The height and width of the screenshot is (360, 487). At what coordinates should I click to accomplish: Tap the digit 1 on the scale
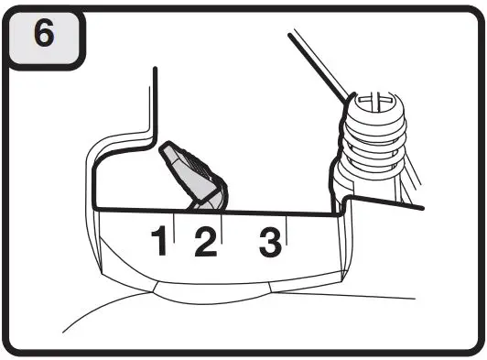(x=159, y=242)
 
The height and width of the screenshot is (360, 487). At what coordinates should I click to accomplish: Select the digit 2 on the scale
(x=205, y=242)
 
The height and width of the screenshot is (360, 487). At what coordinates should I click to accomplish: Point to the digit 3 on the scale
(x=269, y=241)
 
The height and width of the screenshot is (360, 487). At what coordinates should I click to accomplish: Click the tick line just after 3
(x=287, y=232)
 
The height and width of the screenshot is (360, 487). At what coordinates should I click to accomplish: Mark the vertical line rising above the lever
(x=157, y=101)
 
